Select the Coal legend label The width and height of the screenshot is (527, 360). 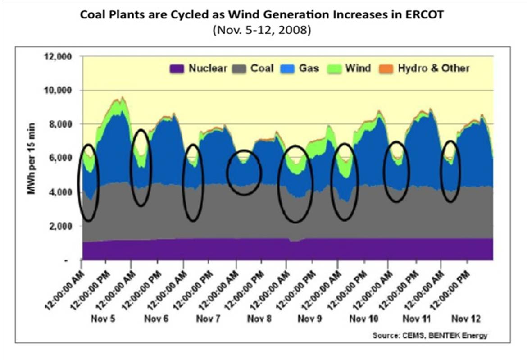262,68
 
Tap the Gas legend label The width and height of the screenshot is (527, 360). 309,68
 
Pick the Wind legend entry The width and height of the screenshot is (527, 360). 358,68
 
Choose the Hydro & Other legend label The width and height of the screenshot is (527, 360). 434,68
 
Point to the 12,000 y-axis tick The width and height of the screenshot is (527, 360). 58,57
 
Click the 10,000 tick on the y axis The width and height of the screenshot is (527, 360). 58,91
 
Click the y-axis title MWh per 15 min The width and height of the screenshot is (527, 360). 32,158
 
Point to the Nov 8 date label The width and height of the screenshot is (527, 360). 259,319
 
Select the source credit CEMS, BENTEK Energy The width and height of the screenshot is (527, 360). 430,336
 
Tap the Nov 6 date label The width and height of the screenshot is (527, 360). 156,319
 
